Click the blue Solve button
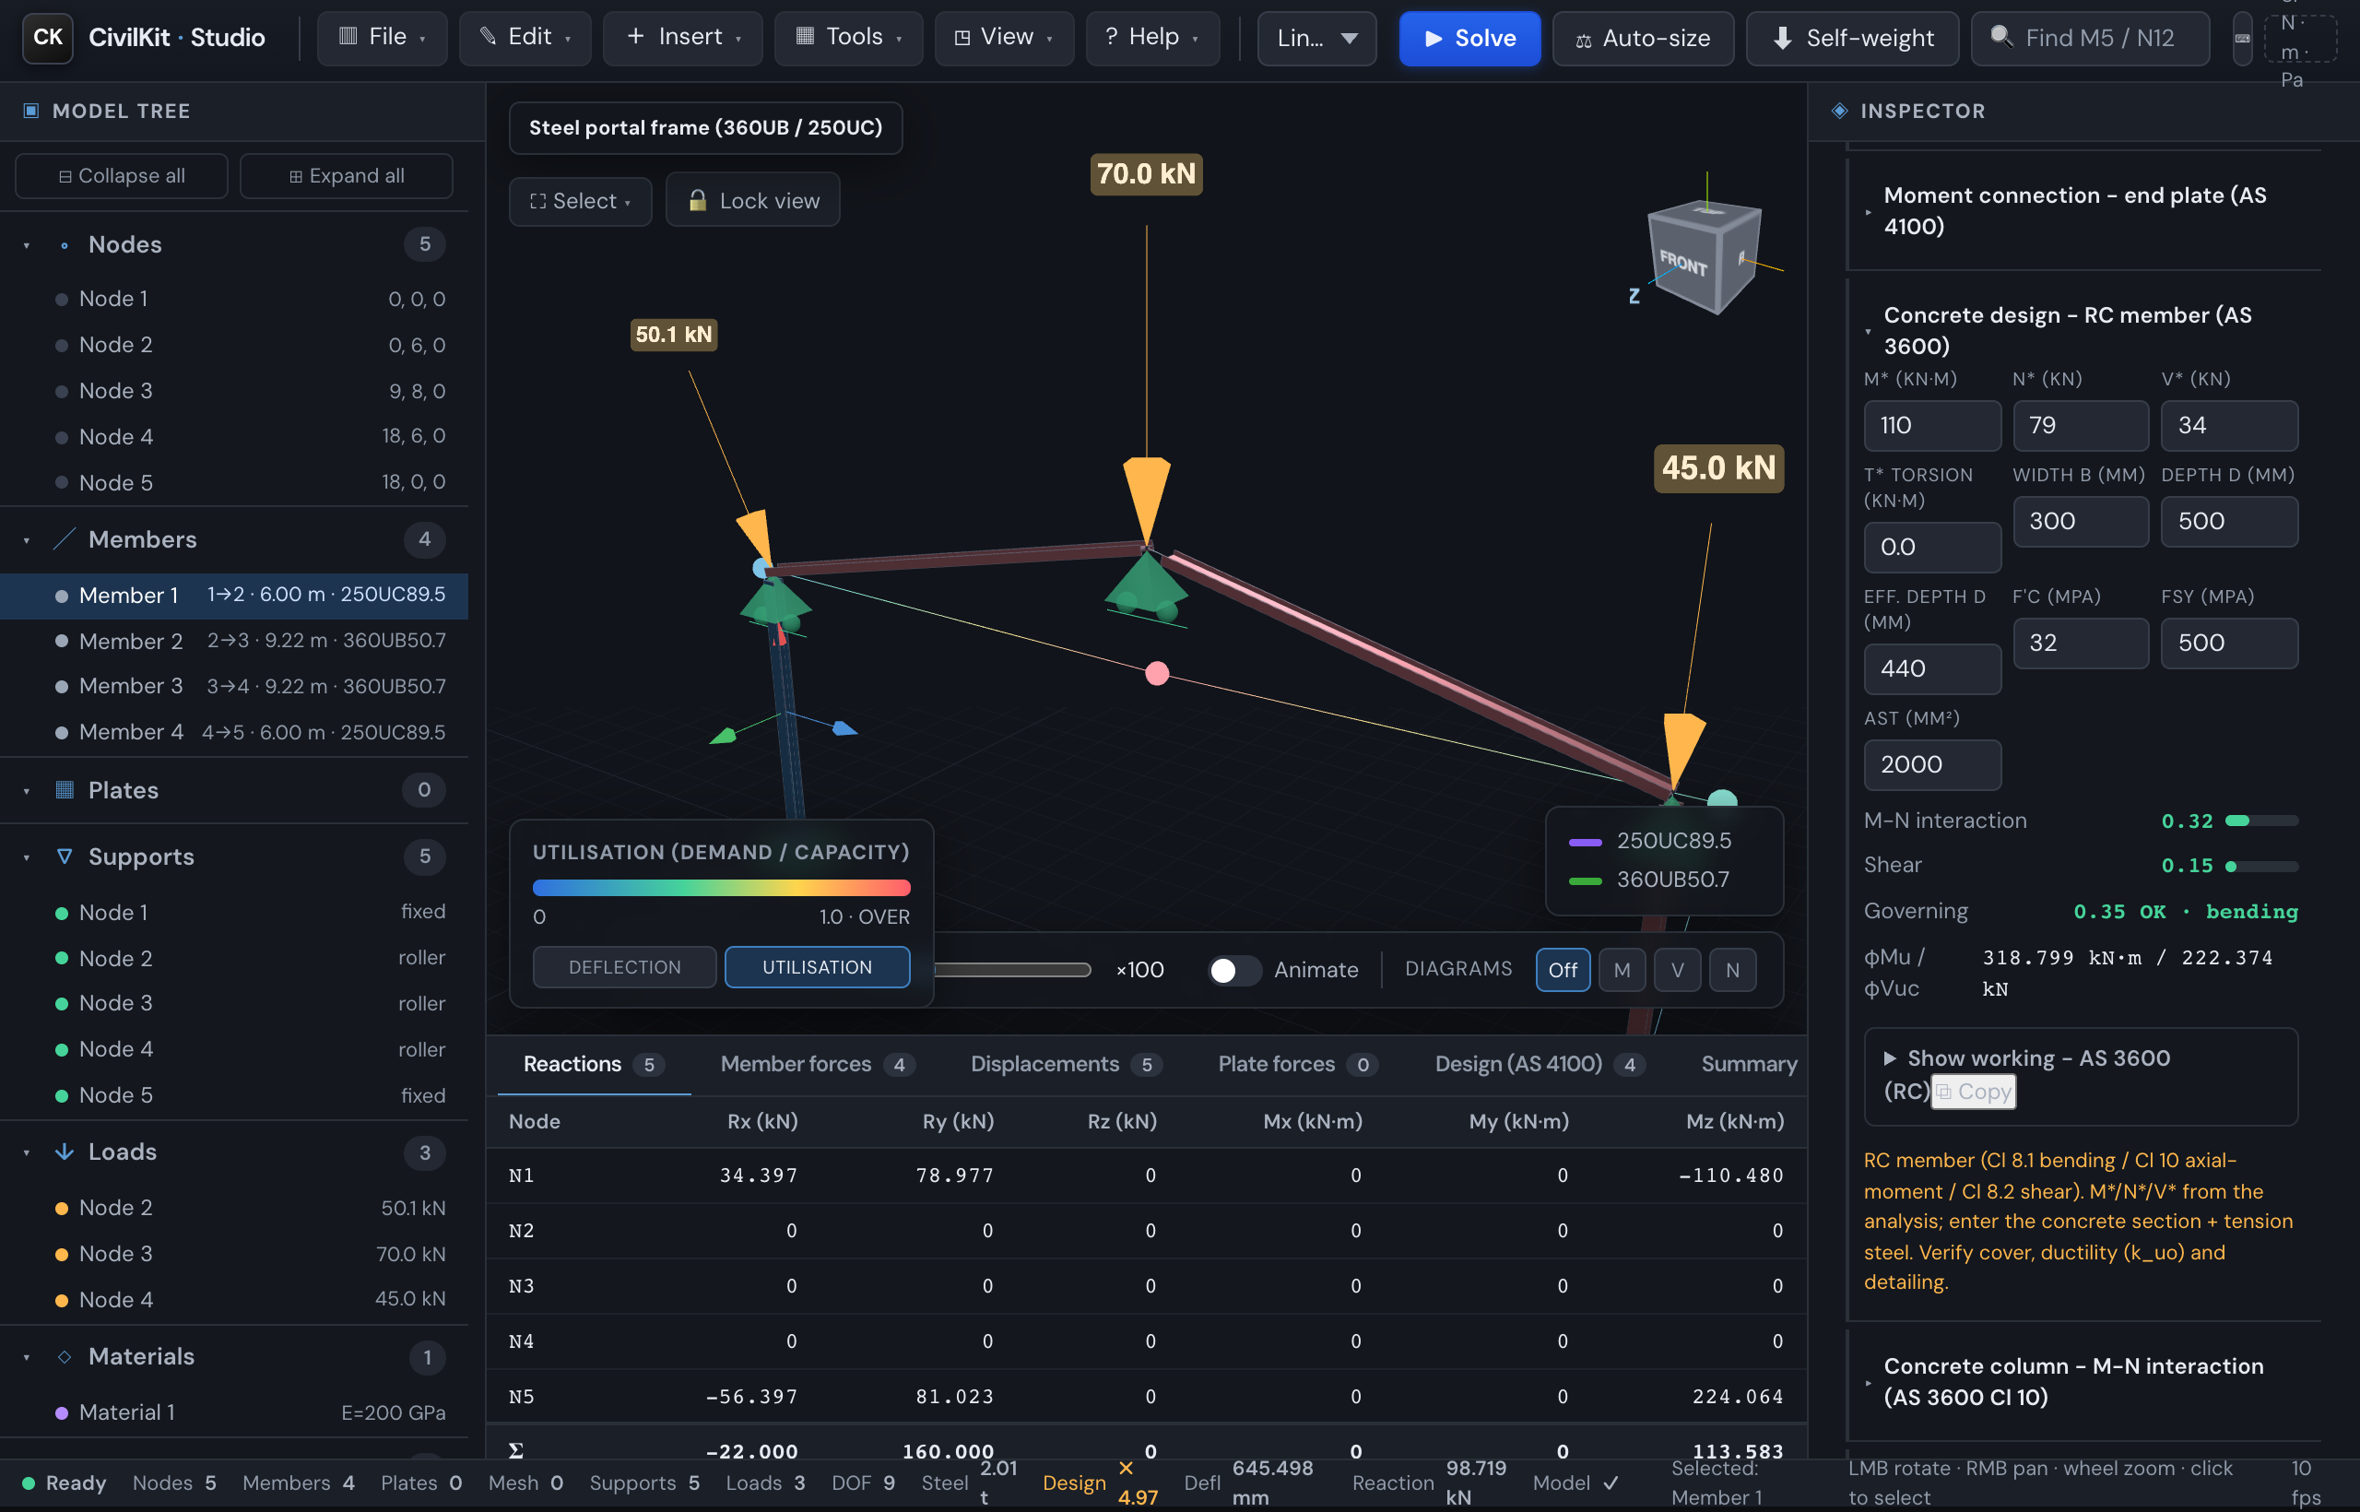(1469, 39)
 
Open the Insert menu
(682, 37)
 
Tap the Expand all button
(346, 176)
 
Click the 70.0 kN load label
(1146, 173)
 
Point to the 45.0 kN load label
(1718, 467)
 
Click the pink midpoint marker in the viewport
(1158, 674)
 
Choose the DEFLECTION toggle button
(624, 967)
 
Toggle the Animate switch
(1234, 970)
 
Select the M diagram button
(1622, 970)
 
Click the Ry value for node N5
(954, 1396)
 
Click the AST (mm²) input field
(1932, 765)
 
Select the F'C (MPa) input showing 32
(2081, 644)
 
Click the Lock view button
(753, 200)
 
